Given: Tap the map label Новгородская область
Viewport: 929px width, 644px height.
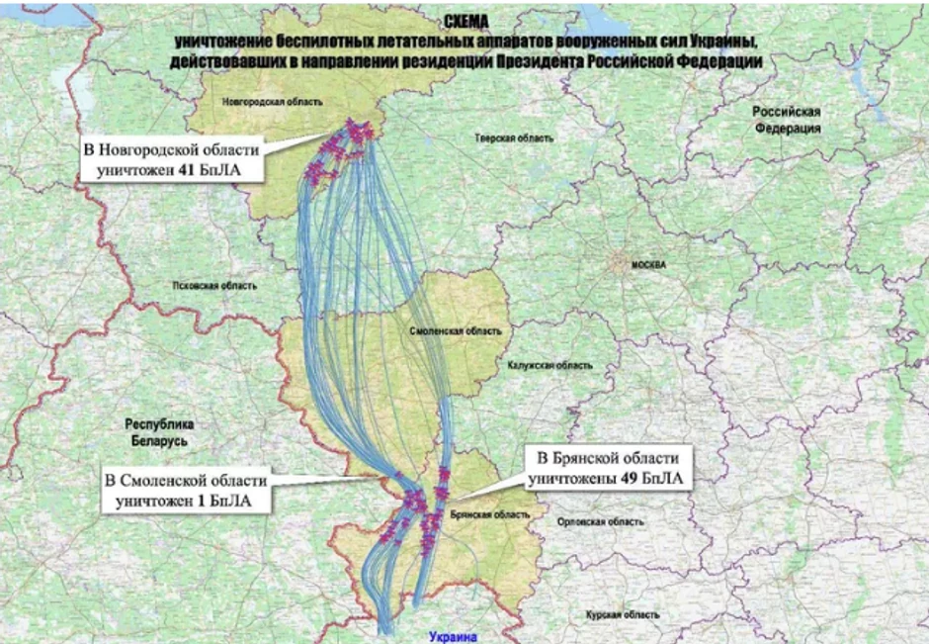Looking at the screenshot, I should [x=261, y=102].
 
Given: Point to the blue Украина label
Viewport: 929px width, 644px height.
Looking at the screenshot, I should [x=454, y=637].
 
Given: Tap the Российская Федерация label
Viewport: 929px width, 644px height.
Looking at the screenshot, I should [x=786, y=121].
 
